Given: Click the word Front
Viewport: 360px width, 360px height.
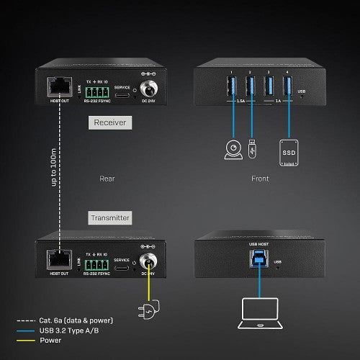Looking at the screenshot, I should (x=260, y=178).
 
